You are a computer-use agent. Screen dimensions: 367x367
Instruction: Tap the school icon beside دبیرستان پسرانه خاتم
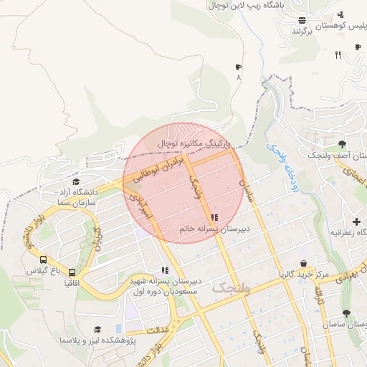pyautogui.click(x=214, y=217)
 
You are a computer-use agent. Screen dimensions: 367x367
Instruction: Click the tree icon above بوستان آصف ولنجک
pyautogui.click(x=341, y=144)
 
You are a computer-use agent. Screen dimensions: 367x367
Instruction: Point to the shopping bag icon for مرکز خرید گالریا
pyautogui.click(x=305, y=263)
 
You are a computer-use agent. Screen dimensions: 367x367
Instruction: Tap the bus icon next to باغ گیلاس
pyautogui.click(x=44, y=261)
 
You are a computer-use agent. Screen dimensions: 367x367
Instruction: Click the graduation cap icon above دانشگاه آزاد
pyautogui.click(x=76, y=181)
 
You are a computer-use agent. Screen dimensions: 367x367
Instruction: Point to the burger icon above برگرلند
pyautogui.click(x=302, y=21)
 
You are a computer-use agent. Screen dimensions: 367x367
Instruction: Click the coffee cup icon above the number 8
pyautogui.click(x=238, y=67)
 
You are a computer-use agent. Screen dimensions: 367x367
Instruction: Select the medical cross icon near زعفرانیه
pyautogui.click(x=356, y=221)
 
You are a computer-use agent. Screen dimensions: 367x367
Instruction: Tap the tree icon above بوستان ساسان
pyautogui.click(x=347, y=314)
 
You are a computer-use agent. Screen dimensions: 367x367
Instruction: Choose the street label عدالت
pyautogui.click(x=157, y=331)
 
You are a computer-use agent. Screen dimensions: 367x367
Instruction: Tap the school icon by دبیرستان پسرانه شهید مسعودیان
pyautogui.click(x=165, y=270)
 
